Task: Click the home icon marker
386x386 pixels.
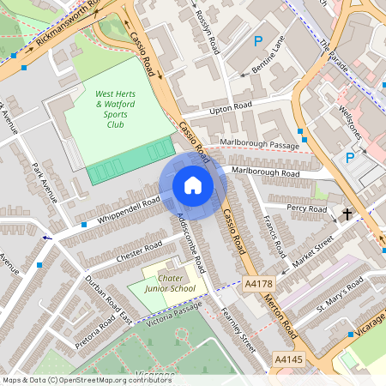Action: pyautogui.click(x=193, y=185)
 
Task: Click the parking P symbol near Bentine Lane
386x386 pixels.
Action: pyautogui.click(x=258, y=40)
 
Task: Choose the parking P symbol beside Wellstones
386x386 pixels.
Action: pyautogui.click(x=349, y=157)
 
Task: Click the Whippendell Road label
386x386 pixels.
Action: pyautogui.click(x=128, y=211)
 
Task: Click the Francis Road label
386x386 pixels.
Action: pyautogui.click(x=275, y=237)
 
